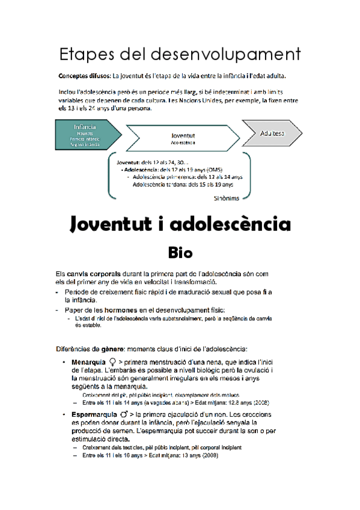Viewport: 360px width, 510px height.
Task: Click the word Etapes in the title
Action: [x=87, y=55]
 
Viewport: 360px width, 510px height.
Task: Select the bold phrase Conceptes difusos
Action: [x=84, y=76]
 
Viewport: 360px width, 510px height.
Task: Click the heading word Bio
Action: [x=180, y=250]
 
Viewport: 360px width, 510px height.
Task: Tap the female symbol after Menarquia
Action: [x=112, y=362]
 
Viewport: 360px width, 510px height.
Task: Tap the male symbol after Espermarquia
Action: [x=124, y=415]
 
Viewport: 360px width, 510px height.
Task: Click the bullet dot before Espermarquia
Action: [x=64, y=415]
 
